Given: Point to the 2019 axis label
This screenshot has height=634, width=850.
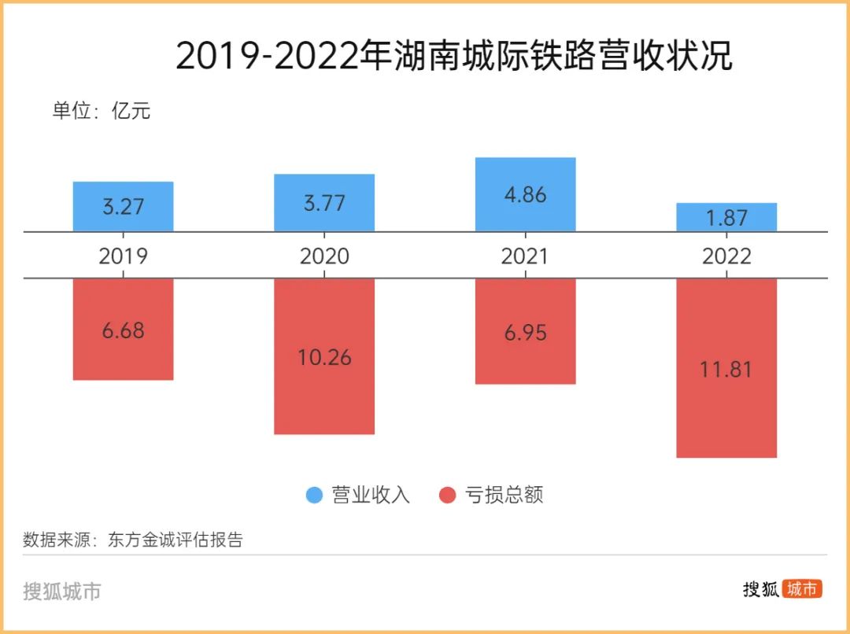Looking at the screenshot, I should pyautogui.click(x=123, y=256).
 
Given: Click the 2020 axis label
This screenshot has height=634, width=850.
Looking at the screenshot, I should pyautogui.click(x=324, y=256).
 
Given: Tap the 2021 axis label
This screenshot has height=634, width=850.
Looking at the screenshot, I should pyautogui.click(x=526, y=256).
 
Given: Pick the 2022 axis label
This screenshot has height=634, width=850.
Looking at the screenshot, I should pyautogui.click(x=726, y=256).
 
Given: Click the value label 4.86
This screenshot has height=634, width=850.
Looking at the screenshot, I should pyautogui.click(x=526, y=195).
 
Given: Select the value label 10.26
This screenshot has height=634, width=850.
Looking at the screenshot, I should pyautogui.click(x=324, y=357).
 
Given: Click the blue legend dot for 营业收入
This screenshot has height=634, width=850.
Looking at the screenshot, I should pyautogui.click(x=314, y=496).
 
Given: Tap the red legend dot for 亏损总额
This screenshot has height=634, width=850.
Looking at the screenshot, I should pyautogui.click(x=448, y=496).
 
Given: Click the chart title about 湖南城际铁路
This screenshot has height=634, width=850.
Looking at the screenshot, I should pyautogui.click(x=453, y=57).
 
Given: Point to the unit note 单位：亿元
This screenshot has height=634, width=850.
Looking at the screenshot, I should pyautogui.click(x=101, y=111).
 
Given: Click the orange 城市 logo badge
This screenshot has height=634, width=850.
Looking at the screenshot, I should pyautogui.click(x=803, y=588).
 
